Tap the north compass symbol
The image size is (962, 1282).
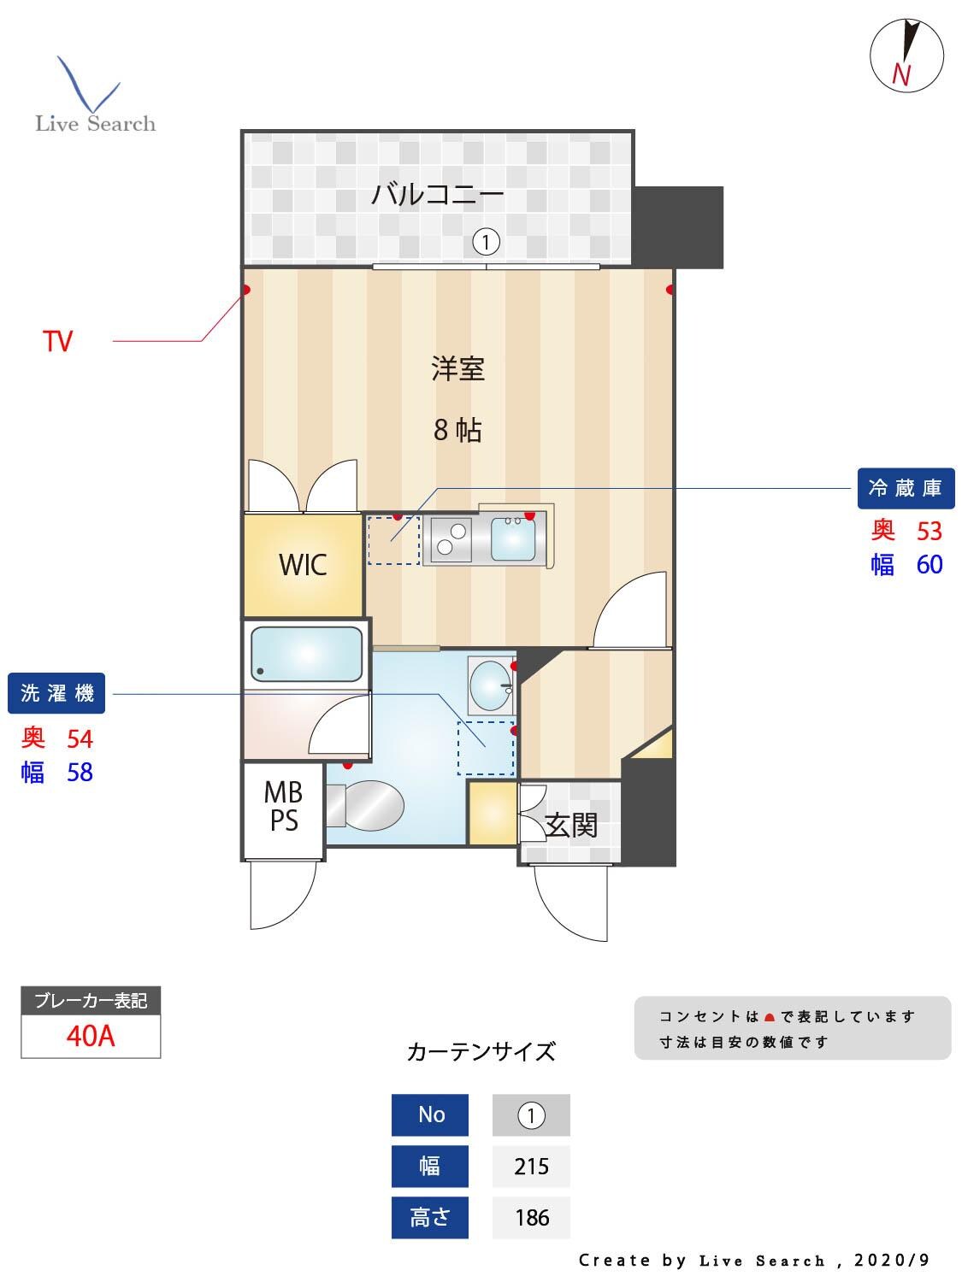pyautogui.click(x=906, y=55)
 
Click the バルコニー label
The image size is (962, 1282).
pyautogui.click(x=437, y=195)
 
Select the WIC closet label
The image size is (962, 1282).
pyautogui.click(x=303, y=565)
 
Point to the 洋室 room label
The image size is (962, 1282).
pyautogui.click(x=457, y=369)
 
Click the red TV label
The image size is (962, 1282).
pyautogui.click(x=58, y=342)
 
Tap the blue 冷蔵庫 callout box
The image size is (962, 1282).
pyautogui.click(x=905, y=488)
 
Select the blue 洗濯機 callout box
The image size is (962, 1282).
pyautogui.click(x=56, y=693)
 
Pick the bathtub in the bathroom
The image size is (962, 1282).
pyautogui.click(x=306, y=655)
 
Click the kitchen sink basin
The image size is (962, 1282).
pyautogui.click(x=513, y=538)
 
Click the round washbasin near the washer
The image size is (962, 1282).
pyautogui.click(x=490, y=685)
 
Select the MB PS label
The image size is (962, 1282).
pyautogui.click(x=283, y=806)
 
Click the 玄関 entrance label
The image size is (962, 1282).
pyautogui.click(x=570, y=826)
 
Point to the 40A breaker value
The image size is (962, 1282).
pyautogui.click(x=91, y=1036)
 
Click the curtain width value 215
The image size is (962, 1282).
pyautogui.click(x=531, y=1167)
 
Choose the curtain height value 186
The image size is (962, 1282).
pyautogui.click(x=531, y=1218)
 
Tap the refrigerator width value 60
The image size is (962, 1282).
pyautogui.click(x=930, y=565)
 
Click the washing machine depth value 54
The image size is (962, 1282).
pyautogui.click(x=80, y=738)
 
